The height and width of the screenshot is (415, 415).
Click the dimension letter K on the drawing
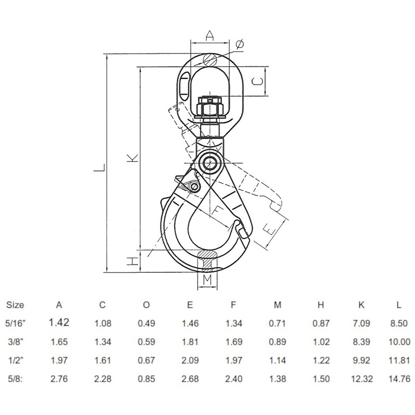point(133,158)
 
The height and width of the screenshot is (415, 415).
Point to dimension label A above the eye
point(209,35)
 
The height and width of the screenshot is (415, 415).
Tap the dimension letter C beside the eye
point(257,81)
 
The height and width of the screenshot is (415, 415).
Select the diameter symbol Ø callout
point(240,46)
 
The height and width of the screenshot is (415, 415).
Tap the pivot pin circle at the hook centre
point(210,163)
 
